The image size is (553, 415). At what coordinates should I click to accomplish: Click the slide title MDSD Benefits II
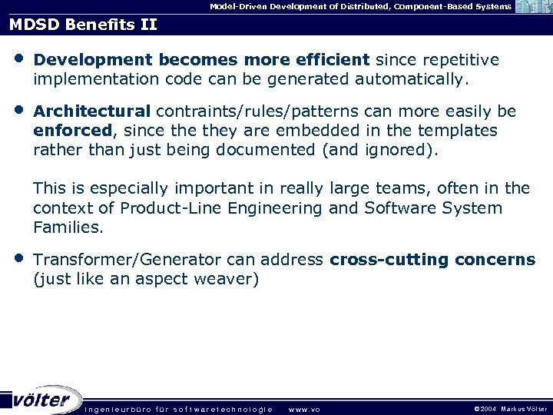point(83,24)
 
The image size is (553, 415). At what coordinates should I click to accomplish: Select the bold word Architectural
point(92,111)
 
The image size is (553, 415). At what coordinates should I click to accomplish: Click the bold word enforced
point(73,131)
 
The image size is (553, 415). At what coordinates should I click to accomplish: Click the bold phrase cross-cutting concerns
point(432,260)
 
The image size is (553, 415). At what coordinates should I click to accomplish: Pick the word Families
point(68,227)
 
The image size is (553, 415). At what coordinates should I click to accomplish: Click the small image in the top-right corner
point(533,8)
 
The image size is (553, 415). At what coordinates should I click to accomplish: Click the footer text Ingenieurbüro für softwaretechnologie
point(177,409)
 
